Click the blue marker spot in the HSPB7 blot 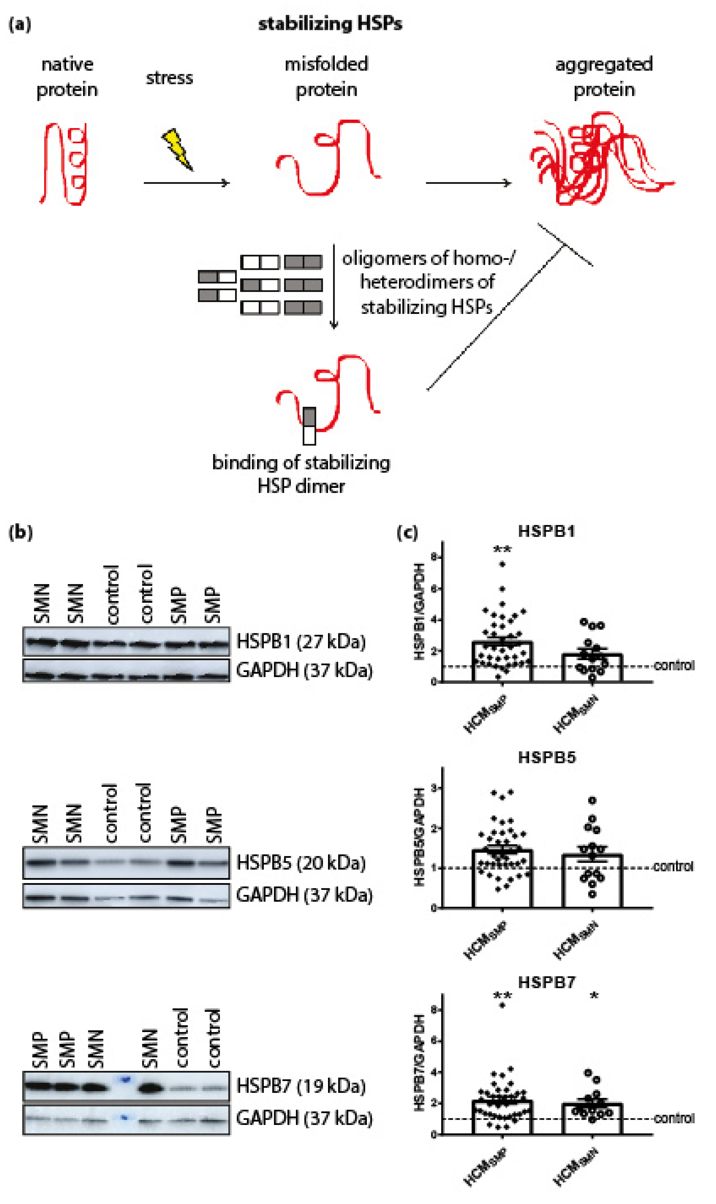pos(125,1079)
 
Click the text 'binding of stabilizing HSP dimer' pos(301,474)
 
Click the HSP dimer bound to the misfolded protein pos(309,426)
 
